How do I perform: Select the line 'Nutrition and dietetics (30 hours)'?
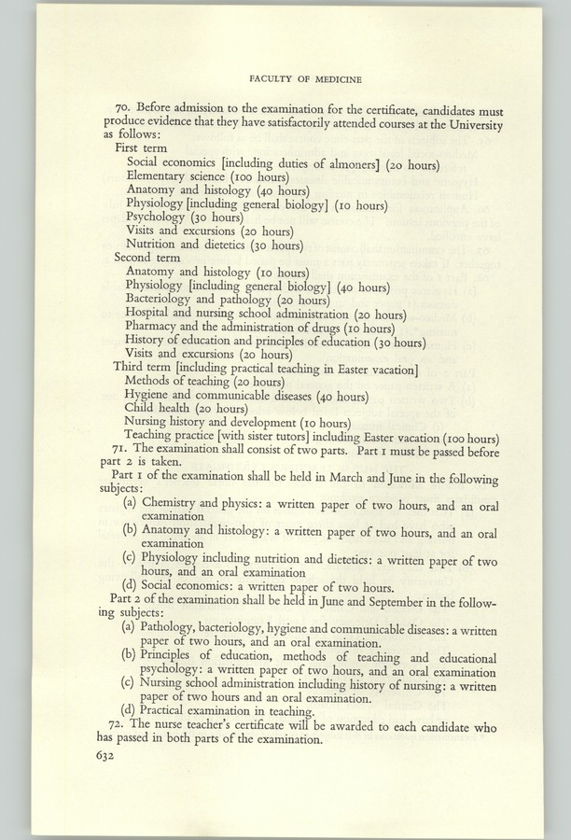(214, 245)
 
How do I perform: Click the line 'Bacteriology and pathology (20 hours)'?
(227, 300)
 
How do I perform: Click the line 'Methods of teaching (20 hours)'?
(205, 382)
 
